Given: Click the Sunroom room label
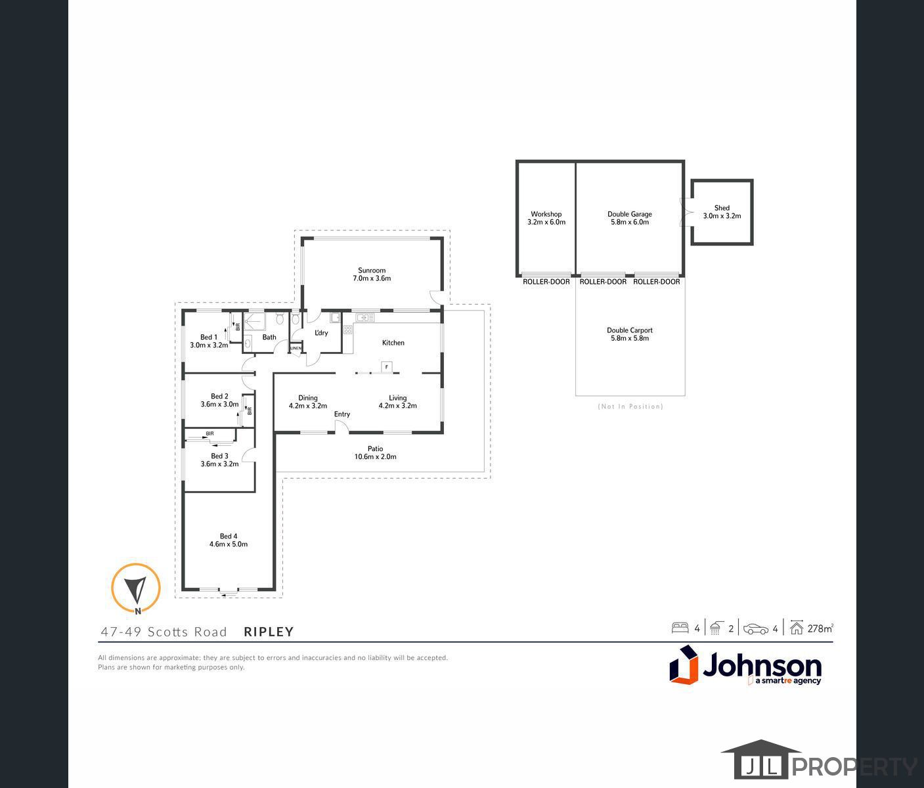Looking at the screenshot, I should pyautogui.click(x=372, y=271).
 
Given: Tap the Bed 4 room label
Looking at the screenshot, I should pyautogui.click(x=229, y=536).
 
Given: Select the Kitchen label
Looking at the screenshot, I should pyautogui.click(x=393, y=343).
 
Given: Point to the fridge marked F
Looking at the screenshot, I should pyautogui.click(x=387, y=366).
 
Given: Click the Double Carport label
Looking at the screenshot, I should pyautogui.click(x=630, y=331).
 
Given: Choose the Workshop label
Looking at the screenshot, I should pyautogui.click(x=546, y=214).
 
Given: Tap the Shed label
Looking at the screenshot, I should pyautogui.click(x=722, y=208).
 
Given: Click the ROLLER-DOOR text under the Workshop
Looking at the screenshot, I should pyautogui.click(x=546, y=282).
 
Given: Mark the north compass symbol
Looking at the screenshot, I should pyautogui.click(x=136, y=588).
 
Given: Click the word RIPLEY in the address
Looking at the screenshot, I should pyautogui.click(x=269, y=632).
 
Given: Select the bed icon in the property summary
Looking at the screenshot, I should pyautogui.click(x=680, y=628).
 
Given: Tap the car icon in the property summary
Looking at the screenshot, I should pyautogui.click(x=756, y=628).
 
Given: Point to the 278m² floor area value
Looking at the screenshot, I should pyautogui.click(x=820, y=628).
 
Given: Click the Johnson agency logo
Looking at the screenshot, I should pyautogui.click(x=746, y=665).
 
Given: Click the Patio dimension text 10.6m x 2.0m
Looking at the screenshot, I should pyautogui.click(x=376, y=457).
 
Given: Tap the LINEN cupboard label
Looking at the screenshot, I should pyautogui.click(x=296, y=348).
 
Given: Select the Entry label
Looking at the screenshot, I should pyautogui.click(x=342, y=414).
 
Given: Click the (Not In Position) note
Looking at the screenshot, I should pyautogui.click(x=630, y=406).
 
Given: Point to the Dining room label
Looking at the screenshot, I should pyautogui.click(x=308, y=398).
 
